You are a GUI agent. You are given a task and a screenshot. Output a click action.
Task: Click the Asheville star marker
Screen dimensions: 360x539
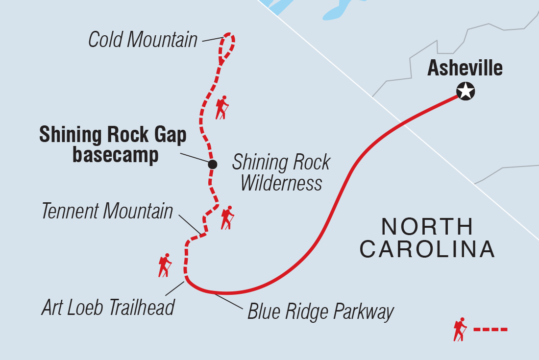coord(465,91)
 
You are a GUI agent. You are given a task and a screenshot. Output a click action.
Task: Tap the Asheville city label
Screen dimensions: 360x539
coord(465,68)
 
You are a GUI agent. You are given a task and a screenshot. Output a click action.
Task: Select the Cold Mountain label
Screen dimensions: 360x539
coord(143,40)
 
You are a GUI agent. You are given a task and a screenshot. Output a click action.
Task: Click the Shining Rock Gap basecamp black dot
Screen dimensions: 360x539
coord(212,165)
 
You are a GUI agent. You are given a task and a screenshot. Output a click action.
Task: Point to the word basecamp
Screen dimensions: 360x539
coord(116,155)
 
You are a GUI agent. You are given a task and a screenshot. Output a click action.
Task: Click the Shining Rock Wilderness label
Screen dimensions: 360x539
coord(281,173)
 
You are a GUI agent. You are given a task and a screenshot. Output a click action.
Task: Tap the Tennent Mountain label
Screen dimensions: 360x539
coord(107,212)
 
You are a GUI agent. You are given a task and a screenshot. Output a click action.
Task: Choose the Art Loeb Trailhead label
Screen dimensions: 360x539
coord(108,308)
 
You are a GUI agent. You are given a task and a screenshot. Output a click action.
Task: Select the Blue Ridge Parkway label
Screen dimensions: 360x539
coord(320,312)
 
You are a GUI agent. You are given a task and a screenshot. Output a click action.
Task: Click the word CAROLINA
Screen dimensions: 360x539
coord(427,249)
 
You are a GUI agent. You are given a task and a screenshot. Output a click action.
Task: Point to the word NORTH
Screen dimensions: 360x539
coord(427,227)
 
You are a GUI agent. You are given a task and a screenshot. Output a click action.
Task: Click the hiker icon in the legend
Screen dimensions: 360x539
coord(460,329)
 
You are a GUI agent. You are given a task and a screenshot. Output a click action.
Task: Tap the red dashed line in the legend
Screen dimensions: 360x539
coord(490,329)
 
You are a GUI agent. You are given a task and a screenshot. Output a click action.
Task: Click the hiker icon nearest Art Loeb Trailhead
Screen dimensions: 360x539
coord(165,265)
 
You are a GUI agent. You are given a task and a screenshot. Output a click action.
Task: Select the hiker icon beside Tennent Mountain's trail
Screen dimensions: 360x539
coord(227,217)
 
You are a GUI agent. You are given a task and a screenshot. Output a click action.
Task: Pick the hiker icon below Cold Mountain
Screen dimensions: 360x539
coord(222,107)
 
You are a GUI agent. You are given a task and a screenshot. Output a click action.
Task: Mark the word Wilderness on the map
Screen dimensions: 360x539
coord(281,183)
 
